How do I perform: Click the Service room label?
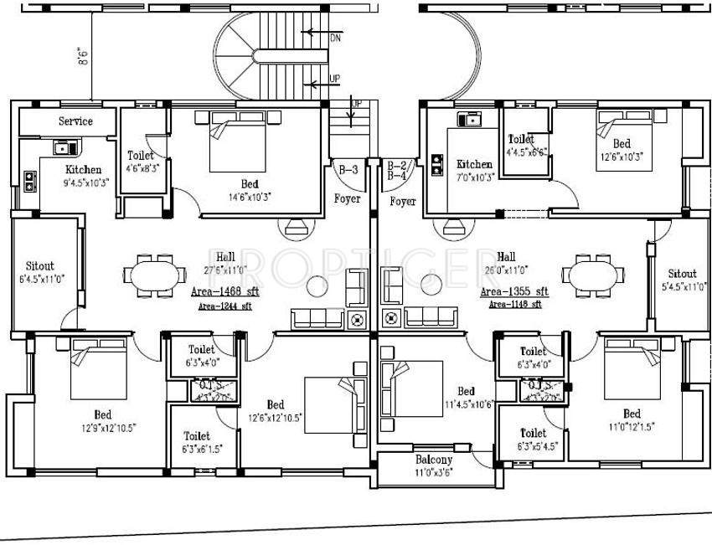coord(75,121)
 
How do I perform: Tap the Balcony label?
coord(434,460)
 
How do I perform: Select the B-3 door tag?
coord(348,169)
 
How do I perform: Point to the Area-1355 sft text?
coord(514,291)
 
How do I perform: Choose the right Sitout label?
coord(682,274)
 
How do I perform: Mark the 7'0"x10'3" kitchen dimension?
coord(475,177)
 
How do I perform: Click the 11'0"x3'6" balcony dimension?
coord(434,472)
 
